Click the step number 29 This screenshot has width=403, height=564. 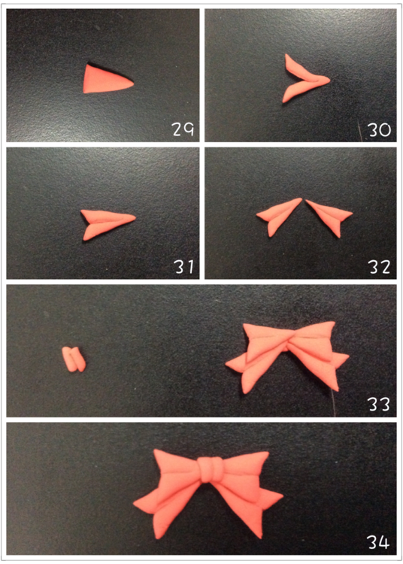(x=183, y=129)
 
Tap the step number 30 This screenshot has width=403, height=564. (x=379, y=129)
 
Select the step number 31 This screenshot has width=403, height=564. (x=184, y=266)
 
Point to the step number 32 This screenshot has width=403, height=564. (x=379, y=267)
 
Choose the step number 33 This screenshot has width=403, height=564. (x=379, y=405)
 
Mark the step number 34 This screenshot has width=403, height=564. (x=378, y=542)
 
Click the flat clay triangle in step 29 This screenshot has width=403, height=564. (x=106, y=80)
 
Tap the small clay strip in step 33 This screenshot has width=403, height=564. (x=74, y=359)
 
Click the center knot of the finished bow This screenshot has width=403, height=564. (x=211, y=469)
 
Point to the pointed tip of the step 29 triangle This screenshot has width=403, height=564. (x=133, y=83)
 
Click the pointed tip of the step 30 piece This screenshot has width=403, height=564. (x=329, y=79)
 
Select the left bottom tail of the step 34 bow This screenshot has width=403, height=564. (x=169, y=511)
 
